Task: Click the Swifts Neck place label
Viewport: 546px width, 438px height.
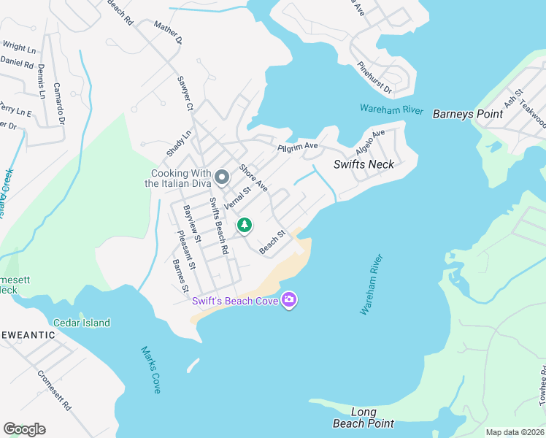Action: pos(364,164)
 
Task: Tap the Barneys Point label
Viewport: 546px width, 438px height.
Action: pos(468,114)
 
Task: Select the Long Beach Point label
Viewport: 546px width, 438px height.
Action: pos(364,418)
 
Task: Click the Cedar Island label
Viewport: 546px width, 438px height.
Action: pos(82,323)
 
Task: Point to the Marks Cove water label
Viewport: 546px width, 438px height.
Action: pos(150,369)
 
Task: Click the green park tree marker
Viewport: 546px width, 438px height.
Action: pos(245,226)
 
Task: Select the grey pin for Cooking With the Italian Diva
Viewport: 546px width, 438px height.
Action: pos(223,177)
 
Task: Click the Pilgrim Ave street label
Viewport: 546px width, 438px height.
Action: pos(298,147)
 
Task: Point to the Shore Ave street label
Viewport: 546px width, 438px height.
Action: pos(253,178)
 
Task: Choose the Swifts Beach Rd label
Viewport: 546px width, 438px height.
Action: pos(219,226)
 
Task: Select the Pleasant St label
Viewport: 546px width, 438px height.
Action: pos(186,250)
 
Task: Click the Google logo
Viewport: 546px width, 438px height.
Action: pos(24,429)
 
